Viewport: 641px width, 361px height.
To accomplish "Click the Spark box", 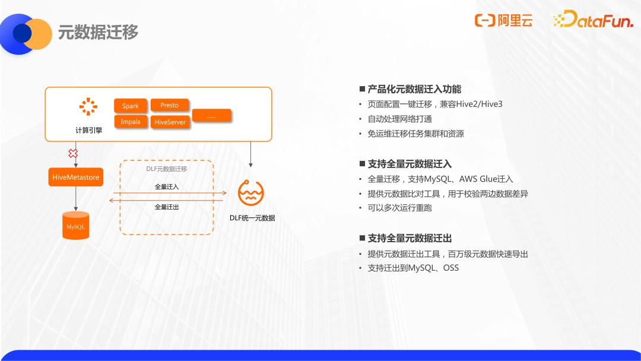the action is pos(131,106).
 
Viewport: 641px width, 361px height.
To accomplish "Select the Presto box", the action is pos(170,105).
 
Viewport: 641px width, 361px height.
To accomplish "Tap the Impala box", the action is pos(131,122).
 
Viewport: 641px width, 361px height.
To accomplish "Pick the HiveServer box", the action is pos(170,122).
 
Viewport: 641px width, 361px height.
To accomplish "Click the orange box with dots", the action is pos(211,116).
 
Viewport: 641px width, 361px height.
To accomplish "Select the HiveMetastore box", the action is pos(75,177).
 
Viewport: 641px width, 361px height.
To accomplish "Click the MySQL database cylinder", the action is pos(75,225).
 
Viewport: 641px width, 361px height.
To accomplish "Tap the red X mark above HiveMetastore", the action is pos(73,153).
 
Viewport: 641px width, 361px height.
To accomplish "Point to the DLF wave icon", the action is pos(250,192).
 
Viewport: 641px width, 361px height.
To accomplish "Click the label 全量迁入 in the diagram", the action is pos(167,187).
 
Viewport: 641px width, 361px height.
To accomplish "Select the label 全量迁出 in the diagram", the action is pos(167,207).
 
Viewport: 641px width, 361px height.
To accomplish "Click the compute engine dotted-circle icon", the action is pos(88,107).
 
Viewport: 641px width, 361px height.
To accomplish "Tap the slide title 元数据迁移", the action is pos(98,32).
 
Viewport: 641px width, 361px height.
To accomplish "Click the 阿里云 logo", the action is pos(504,20).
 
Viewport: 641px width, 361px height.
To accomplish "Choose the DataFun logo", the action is pos(594,19).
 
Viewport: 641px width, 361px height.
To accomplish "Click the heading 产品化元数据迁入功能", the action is pos(414,89).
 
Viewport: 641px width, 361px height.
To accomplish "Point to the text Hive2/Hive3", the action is pos(479,104).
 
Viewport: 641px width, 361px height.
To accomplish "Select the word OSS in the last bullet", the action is pos(451,268).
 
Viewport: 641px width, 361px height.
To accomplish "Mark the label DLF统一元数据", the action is pos(252,218).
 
